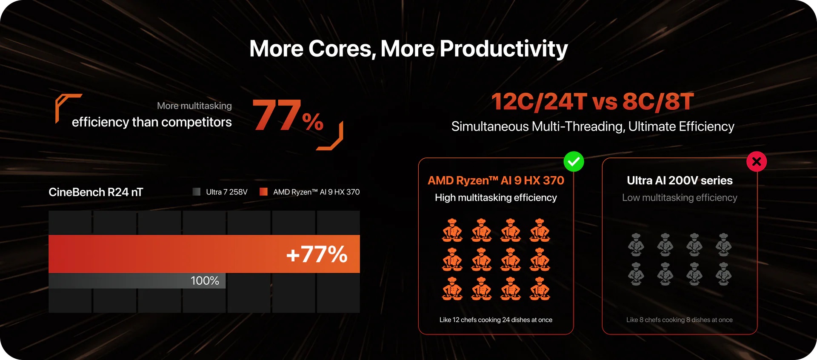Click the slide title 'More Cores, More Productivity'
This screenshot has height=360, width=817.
coord(408,49)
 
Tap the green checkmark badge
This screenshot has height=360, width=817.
coord(574,162)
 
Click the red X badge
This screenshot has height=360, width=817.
coord(757,162)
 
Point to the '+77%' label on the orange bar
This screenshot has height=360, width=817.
coord(317,254)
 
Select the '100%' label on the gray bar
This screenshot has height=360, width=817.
coord(205,281)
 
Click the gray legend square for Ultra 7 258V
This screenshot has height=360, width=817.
coord(196,192)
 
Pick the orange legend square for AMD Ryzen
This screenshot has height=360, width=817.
coord(263,192)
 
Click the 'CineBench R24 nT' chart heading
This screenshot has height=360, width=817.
coord(96,192)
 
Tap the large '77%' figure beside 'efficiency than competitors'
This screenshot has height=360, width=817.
coord(288,115)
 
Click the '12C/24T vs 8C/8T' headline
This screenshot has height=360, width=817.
coord(593,102)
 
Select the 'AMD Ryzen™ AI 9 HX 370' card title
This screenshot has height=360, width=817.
coord(496,180)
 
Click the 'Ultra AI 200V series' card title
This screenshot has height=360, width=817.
coord(680,180)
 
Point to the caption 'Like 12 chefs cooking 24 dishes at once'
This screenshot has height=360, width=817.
coord(496,320)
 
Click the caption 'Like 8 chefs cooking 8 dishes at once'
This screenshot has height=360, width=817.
coord(680,320)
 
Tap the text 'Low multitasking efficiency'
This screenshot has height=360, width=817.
coord(680,198)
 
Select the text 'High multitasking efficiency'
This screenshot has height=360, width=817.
coord(496,198)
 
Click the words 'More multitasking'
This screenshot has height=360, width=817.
coord(194,106)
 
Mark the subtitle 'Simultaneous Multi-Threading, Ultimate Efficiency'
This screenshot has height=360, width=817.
coord(593,127)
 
